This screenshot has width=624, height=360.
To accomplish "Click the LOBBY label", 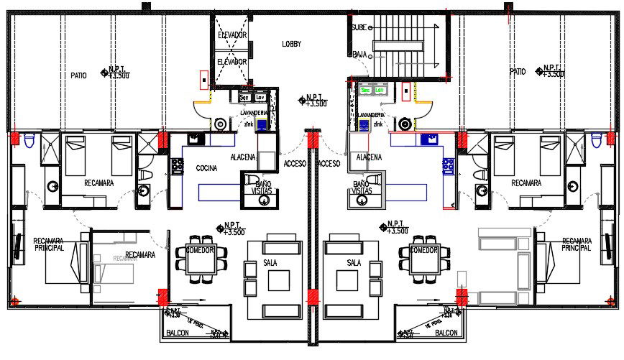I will (291, 45).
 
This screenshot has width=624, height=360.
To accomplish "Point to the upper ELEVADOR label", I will (232, 34).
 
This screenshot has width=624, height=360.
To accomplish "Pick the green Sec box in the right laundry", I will (366, 91).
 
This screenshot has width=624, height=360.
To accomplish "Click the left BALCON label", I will (178, 333).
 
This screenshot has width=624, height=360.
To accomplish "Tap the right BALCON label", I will (446, 333).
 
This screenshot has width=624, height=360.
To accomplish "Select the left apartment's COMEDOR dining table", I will (201, 263).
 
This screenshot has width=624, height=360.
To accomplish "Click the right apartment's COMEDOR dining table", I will (423, 263).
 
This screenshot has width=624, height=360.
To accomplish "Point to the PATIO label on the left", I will (78, 74).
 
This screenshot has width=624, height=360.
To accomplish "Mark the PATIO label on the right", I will (518, 72).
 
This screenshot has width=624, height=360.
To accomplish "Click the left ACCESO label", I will (295, 163).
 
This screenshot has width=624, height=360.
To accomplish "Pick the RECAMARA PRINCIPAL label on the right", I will (577, 244).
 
